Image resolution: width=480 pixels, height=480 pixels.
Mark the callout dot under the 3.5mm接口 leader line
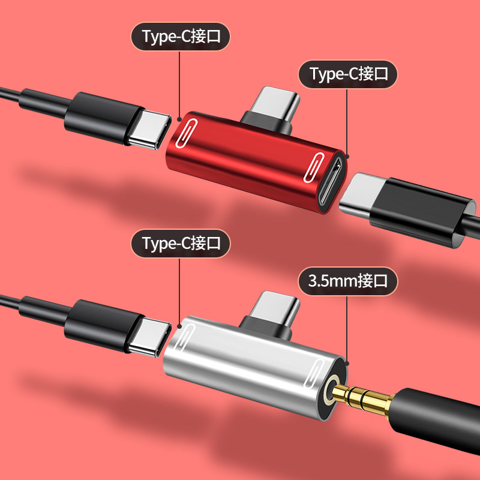click(347, 362)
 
